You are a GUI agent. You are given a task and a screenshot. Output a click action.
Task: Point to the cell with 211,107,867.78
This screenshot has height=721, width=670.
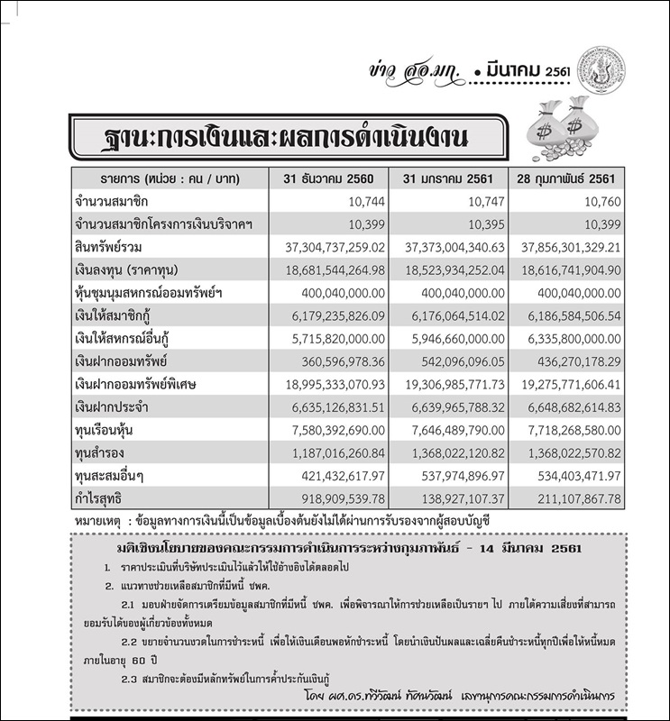tap(566, 497)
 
